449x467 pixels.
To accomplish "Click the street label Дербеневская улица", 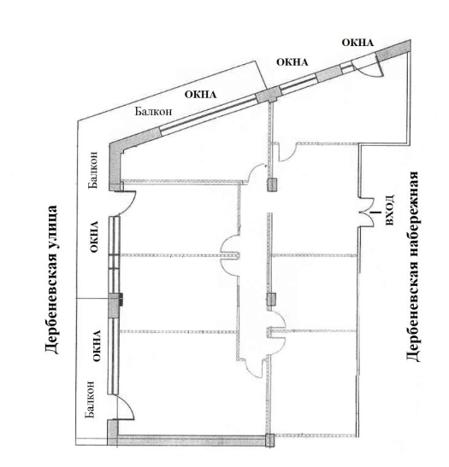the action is click(x=51, y=279).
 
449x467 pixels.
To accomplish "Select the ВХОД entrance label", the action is click(x=390, y=210).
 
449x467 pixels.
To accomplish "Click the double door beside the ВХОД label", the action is click(x=368, y=213).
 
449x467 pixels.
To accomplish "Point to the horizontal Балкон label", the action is click(x=153, y=111).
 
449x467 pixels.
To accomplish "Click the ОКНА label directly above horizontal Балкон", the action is click(x=200, y=95).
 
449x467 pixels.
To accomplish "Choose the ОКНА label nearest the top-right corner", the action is click(x=357, y=43).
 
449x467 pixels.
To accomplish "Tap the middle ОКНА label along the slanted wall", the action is click(x=292, y=62).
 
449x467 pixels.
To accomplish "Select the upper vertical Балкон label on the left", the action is click(x=93, y=170).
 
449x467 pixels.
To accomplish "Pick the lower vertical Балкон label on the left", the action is click(x=90, y=400).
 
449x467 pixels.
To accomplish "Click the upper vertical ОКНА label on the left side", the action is click(x=94, y=236).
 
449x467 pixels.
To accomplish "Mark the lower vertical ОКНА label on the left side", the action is click(x=97, y=346).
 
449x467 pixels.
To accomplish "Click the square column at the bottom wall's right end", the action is click(x=269, y=441).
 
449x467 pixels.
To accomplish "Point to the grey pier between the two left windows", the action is click(x=115, y=305).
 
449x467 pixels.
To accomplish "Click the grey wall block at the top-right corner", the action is click(x=393, y=50).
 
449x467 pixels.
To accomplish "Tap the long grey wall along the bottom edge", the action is click(x=192, y=441).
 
